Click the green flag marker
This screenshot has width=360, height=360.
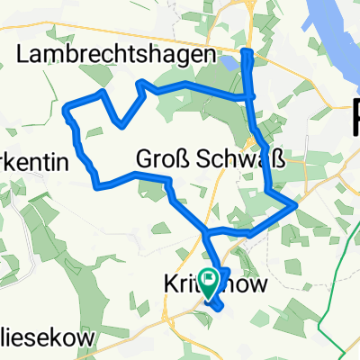(x=209, y=284)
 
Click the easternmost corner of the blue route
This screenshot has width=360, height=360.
(x=296, y=207)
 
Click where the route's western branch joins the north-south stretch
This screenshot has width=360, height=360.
(x=252, y=96)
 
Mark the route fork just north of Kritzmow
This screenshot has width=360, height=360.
(x=206, y=235)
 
